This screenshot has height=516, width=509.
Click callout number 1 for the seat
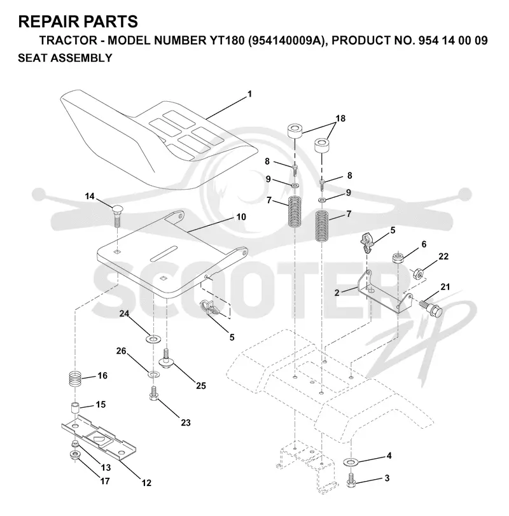249,94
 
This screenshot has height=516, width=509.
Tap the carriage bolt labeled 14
118,215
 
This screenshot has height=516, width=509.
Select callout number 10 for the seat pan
241,217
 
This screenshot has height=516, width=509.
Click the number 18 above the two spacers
340,118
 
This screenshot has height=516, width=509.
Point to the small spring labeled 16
75,379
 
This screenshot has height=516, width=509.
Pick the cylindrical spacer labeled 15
75,408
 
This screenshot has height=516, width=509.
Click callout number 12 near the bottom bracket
146,483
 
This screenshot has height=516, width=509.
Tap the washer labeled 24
153,339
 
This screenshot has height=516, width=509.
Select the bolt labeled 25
167,359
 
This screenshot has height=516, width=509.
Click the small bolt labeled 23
153,393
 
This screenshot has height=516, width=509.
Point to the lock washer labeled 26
153,374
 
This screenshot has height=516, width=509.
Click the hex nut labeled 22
418,273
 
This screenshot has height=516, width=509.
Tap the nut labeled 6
398,258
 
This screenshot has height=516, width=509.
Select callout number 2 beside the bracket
337,293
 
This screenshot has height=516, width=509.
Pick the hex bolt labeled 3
351,480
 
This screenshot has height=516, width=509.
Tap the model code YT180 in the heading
227,41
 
